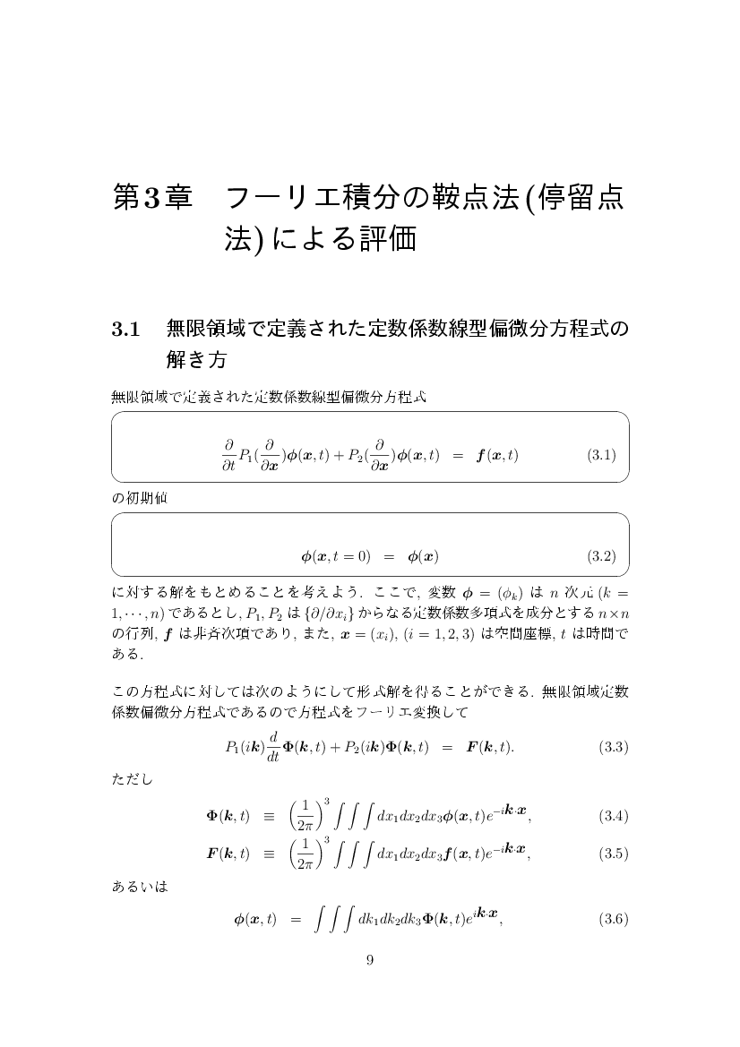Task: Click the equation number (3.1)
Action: (601, 455)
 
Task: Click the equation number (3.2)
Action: (601, 556)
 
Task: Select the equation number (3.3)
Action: (613, 746)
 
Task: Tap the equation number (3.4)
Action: (613, 816)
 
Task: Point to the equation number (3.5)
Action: (613, 854)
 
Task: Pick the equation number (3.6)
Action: (613, 919)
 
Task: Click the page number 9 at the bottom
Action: (370, 961)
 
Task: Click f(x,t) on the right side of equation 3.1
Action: (496, 455)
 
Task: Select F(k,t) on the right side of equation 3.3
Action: (489, 746)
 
